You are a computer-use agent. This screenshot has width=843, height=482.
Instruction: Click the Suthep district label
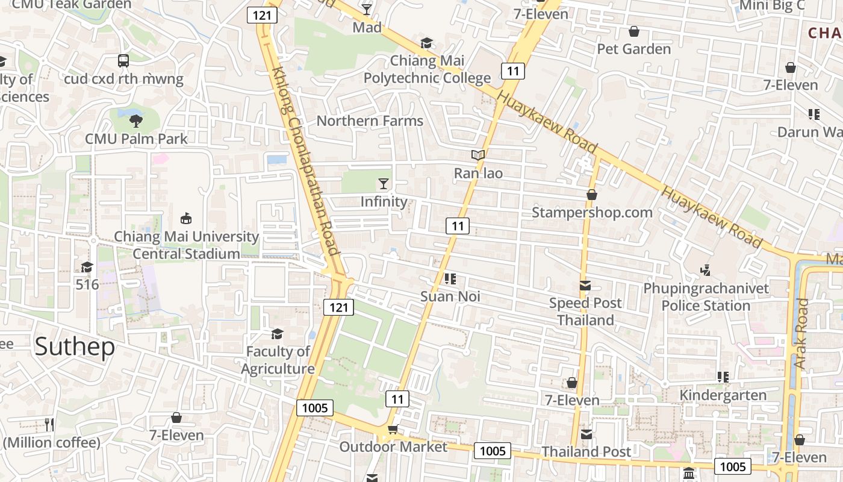tap(75, 347)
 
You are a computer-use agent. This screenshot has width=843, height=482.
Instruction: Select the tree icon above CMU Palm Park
tap(136, 120)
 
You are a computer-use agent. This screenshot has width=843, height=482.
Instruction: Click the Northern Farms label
tap(370, 120)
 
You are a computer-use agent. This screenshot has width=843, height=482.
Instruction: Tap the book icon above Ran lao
tap(478, 155)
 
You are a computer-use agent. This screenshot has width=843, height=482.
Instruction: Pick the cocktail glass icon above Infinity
tap(384, 184)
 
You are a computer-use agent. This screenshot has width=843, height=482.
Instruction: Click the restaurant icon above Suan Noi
tap(450, 279)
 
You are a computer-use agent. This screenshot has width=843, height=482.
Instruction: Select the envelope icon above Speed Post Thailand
tap(585, 286)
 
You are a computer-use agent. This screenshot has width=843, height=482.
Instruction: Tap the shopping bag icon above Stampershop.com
tap(592, 195)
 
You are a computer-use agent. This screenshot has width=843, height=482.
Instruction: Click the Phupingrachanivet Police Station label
tap(706, 297)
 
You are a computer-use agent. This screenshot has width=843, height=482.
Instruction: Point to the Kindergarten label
tap(723, 395)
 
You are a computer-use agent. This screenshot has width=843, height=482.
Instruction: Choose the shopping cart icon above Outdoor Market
tap(393, 429)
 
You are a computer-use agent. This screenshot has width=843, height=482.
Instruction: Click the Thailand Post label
tap(586, 451)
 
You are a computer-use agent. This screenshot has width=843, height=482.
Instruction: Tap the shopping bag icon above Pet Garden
tap(633, 31)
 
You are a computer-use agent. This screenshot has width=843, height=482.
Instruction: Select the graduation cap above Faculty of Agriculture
tap(277, 334)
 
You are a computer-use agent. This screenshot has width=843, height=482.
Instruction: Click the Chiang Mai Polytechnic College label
tap(427, 69)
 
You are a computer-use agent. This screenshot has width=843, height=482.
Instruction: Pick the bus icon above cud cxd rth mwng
tap(123, 61)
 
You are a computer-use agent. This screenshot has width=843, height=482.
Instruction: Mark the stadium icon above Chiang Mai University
tap(186, 219)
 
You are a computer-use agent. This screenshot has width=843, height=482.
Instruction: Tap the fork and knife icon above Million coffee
tap(49, 425)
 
